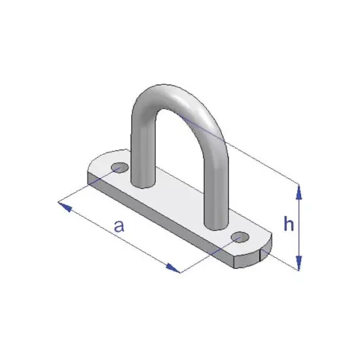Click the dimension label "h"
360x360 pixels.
click(x=287, y=225)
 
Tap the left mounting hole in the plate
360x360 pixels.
click(x=119, y=168)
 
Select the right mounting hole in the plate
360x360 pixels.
click(x=240, y=236)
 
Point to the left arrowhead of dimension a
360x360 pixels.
click(x=63, y=206)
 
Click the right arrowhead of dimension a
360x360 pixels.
click(x=173, y=268)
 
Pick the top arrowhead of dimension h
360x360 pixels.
click(x=299, y=190)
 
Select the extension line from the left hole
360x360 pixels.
click(x=88, y=188)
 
